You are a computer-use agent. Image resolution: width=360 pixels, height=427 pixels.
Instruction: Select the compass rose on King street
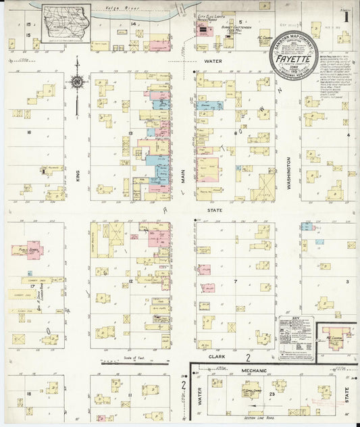76,82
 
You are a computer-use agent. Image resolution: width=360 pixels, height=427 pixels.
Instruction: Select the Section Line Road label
259,419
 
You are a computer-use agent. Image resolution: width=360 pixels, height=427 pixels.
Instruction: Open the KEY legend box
296,335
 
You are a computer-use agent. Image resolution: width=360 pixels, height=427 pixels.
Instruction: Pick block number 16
29,133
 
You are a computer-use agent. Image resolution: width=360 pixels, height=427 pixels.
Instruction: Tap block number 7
235,280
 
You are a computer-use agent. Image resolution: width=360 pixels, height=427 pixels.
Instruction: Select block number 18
29,394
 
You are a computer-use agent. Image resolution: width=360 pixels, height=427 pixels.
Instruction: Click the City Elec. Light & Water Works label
209,16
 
